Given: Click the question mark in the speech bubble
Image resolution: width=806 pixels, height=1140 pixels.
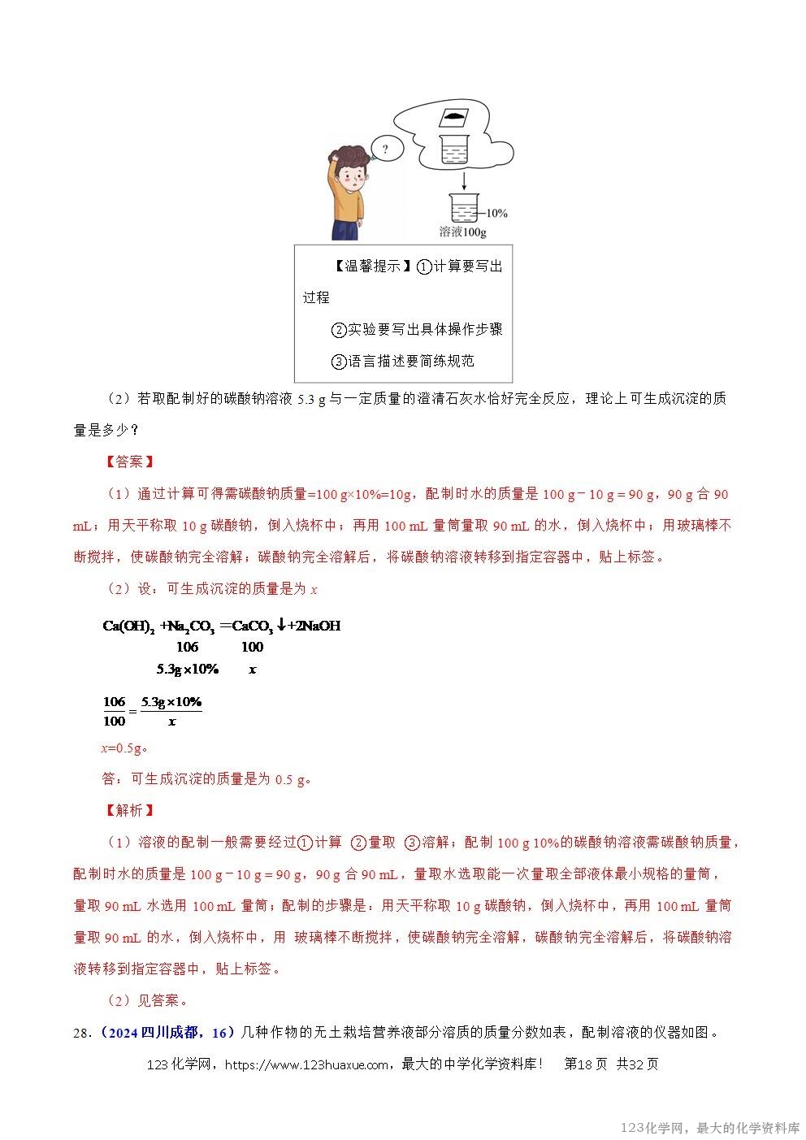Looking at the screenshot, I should coord(384,150).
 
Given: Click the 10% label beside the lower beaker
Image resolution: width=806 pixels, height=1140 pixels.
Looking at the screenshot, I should coord(496,214).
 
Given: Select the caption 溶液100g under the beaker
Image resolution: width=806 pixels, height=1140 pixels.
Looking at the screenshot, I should coord(462,232).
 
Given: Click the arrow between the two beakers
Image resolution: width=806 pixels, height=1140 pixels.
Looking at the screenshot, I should coord(464,179).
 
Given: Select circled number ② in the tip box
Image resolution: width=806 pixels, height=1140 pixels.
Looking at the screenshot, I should coord(339,330).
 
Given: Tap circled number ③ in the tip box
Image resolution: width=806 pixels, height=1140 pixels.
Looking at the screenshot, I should coord(339,362).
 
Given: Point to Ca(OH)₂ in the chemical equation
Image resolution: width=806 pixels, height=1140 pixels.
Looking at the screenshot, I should coord(128,626).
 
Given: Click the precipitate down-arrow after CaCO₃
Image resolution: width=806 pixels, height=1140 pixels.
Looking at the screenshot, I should coord(281,625).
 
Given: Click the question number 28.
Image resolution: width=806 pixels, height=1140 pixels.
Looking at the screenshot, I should coord(80,1033).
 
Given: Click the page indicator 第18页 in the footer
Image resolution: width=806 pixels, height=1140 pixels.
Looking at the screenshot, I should coord(585,1064).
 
